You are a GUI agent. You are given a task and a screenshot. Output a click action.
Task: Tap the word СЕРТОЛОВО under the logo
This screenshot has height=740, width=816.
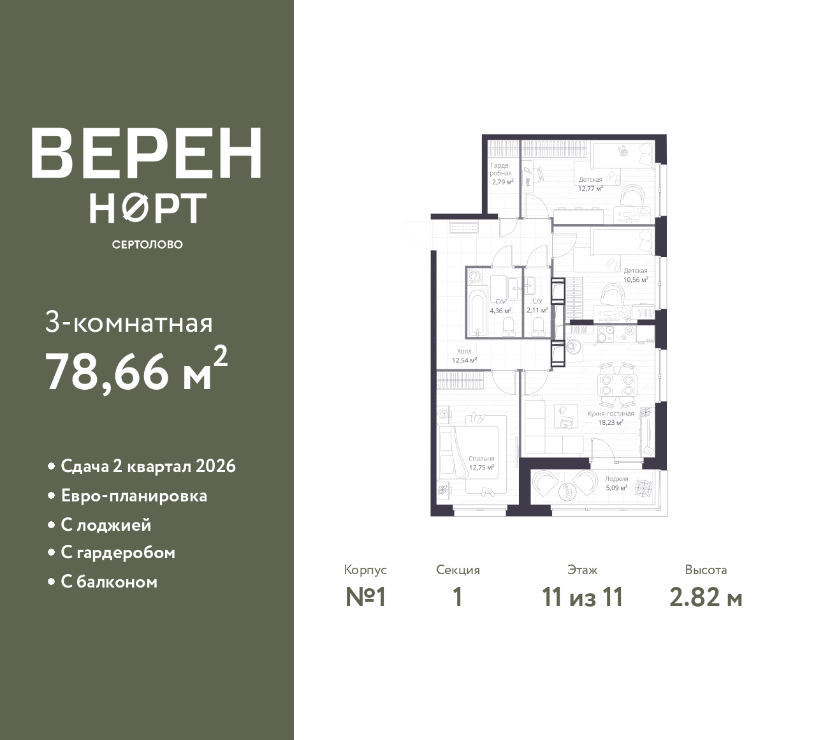point(147,244)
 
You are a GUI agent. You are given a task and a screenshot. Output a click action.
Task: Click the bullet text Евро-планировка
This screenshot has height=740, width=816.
point(134,496)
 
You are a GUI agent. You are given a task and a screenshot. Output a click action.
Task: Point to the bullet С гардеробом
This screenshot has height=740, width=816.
point(118,552)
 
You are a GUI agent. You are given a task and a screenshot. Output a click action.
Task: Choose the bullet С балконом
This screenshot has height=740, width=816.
point(109,582)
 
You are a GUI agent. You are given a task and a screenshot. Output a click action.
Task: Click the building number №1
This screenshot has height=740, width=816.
point(365,598)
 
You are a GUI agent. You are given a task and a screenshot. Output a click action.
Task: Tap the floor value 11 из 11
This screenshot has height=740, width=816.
point(582,598)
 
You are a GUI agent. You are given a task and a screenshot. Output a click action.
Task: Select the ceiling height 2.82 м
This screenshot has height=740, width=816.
point(706,598)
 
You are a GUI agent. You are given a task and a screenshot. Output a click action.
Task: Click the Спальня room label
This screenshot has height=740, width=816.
point(481,459)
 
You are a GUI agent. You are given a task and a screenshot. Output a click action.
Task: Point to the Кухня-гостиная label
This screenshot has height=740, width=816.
point(611,413)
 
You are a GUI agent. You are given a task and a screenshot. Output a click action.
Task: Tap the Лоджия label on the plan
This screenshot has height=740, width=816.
point(616,479)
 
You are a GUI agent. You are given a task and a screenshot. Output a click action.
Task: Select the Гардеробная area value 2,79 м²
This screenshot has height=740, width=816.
point(502,182)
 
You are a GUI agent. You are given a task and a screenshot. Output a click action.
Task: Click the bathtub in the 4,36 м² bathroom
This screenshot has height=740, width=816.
point(477,313)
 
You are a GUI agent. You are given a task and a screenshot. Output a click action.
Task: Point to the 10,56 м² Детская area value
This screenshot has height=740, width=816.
point(636,279)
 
